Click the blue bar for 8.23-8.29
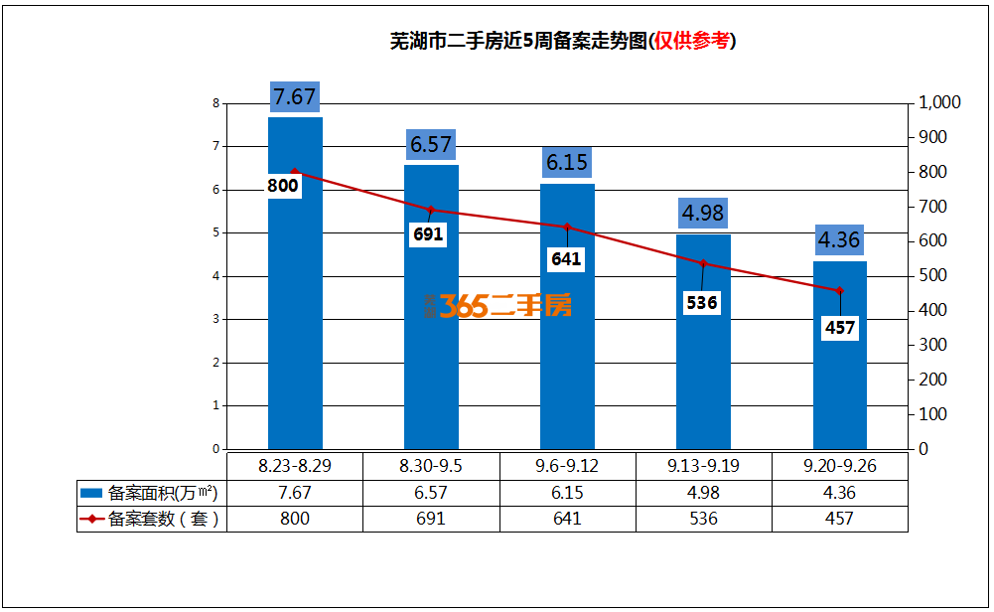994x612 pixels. [295, 328]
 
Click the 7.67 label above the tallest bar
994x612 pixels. [294, 97]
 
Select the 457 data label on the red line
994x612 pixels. [840, 328]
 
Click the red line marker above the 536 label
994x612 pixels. [703, 263]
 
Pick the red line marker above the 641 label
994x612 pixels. [567, 228]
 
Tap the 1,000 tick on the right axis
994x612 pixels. [939, 102]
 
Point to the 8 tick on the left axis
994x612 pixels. [215, 103]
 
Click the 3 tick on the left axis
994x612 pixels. [215, 320]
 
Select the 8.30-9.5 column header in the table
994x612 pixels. [431, 465]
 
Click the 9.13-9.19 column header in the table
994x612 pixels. [702, 465]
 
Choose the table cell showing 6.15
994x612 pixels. [567, 493]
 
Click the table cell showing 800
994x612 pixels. [295, 519]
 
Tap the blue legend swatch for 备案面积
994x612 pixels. [91, 493]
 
